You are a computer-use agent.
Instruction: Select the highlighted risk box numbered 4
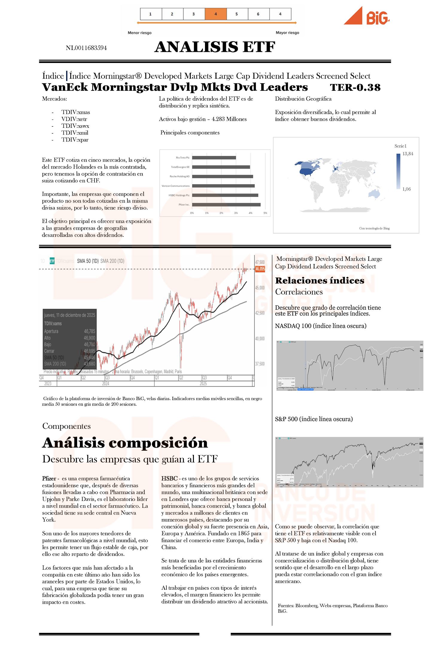coord(215,14)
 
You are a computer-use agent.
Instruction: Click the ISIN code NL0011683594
coord(86,48)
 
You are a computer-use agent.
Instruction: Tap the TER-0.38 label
coord(355,87)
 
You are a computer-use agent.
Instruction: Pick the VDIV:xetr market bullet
coord(74,119)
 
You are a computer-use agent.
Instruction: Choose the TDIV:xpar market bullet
coord(75,140)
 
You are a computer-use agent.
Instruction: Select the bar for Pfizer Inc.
coord(226,205)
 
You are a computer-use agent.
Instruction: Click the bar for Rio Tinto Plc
coord(214,158)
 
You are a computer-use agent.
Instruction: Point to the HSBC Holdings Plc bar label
coord(179,195)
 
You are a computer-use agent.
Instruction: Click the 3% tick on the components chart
coord(236,213)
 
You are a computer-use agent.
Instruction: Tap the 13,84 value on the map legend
coord(408,154)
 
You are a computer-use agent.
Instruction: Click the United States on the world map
coord(308,172)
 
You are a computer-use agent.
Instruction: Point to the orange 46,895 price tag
coord(260,269)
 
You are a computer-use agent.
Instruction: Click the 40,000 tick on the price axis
coord(260,339)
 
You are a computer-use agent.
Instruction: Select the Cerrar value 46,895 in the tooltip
coord(89,351)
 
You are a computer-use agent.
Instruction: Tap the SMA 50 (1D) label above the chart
coord(88,261)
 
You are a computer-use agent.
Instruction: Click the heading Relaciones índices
coord(320,280)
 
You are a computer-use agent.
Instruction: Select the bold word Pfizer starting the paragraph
coord(49,479)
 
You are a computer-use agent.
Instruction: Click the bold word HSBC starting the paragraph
coord(169,479)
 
